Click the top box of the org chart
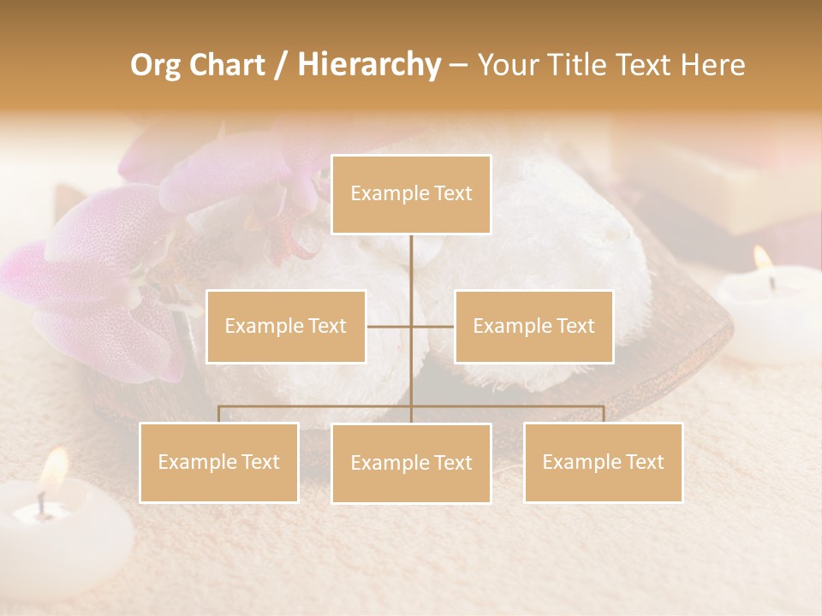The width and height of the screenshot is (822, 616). (x=411, y=194)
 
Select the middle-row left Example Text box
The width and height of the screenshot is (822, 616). (x=286, y=326)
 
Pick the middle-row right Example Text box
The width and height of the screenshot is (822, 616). (x=533, y=326)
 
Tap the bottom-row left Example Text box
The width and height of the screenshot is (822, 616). (x=219, y=462)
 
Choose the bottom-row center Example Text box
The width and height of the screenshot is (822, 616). (x=411, y=463)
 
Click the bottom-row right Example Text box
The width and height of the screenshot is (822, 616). (x=603, y=462)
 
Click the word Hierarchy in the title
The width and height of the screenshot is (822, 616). (x=369, y=64)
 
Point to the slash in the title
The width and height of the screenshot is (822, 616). (x=280, y=65)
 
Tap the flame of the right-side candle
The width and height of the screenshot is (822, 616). (x=761, y=259)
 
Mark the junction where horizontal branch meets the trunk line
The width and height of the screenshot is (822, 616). (x=411, y=326)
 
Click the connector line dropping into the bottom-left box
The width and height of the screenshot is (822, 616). (x=219, y=414)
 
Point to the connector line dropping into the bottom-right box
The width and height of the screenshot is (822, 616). (x=603, y=414)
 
